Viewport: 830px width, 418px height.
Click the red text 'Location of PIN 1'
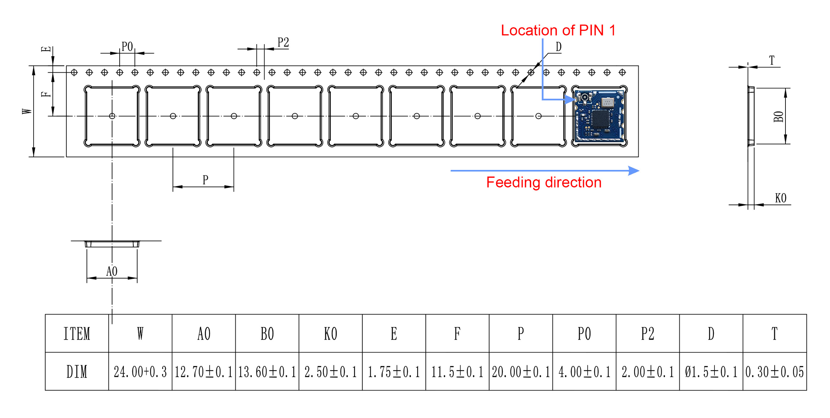click(558, 30)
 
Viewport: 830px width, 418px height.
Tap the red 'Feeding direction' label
click(544, 182)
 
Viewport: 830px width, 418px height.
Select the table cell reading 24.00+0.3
click(140, 372)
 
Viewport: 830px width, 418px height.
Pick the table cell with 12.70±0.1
click(204, 372)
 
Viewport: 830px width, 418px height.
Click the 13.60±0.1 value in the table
click(267, 372)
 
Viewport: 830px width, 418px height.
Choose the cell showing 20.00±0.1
click(521, 372)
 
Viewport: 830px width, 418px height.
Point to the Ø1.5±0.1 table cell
click(711, 372)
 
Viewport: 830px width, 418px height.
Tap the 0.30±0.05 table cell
click(774, 372)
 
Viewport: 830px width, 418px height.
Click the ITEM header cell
click(77, 334)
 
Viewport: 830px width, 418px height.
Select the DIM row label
click(77, 372)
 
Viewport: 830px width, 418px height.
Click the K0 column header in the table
click(331, 334)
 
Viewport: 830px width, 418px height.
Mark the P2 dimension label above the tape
click(283, 42)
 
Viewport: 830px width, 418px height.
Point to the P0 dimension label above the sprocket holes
click(127, 47)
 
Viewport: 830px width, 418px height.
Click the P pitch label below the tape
click(205, 180)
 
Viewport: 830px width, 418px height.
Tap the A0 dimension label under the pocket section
click(112, 271)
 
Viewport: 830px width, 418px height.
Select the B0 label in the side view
click(779, 116)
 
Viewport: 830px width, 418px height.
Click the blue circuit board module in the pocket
click(600, 116)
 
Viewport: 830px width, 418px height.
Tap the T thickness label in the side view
click(772, 61)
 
